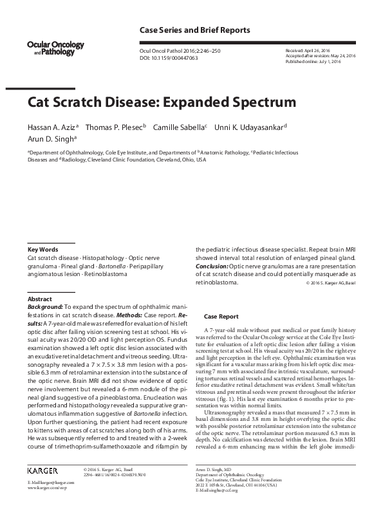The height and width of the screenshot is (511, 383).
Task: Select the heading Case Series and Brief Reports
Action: click(x=194, y=30)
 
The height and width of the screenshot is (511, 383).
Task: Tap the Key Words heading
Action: click(x=42, y=249)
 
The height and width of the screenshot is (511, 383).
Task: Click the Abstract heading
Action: click(x=40, y=299)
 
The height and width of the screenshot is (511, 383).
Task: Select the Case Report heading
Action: click(x=221, y=317)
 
